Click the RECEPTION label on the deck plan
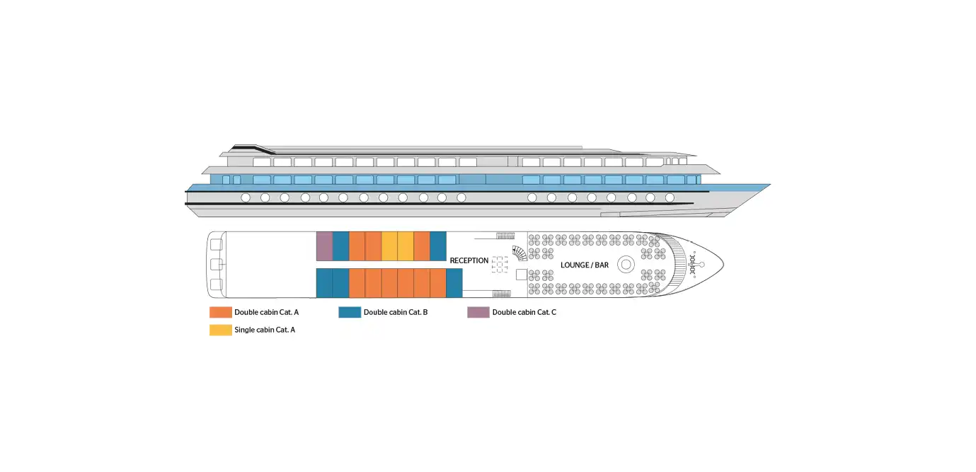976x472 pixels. (469, 260)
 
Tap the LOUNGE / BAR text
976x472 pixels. (585, 265)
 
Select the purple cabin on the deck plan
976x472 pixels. (325, 246)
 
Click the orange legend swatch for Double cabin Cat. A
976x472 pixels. (221, 312)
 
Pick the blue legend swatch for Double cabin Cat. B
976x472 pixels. (350, 312)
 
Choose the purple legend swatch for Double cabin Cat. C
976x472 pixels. (478, 312)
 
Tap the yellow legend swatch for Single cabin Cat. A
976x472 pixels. (221, 330)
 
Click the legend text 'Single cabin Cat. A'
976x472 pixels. (265, 330)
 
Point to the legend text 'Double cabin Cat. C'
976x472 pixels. (524, 312)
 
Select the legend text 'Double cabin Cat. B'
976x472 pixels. (396, 312)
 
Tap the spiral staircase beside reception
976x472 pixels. (519, 253)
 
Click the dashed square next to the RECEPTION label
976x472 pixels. (500, 265)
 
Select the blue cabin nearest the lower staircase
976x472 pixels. (454, 283)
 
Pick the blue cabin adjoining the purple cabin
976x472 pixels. (340, 246)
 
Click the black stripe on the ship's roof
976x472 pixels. (253, 149)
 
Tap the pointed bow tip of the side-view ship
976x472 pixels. (770, 185)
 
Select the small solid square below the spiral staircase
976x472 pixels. (522, 275)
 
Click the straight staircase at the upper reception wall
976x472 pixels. (505, 236)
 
